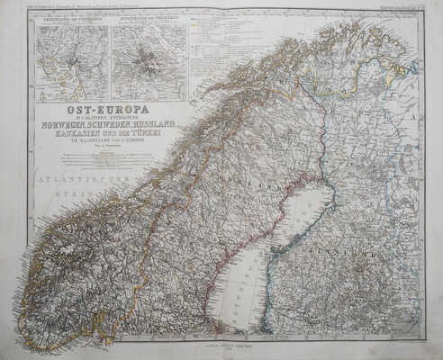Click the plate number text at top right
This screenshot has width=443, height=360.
[396, 9]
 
